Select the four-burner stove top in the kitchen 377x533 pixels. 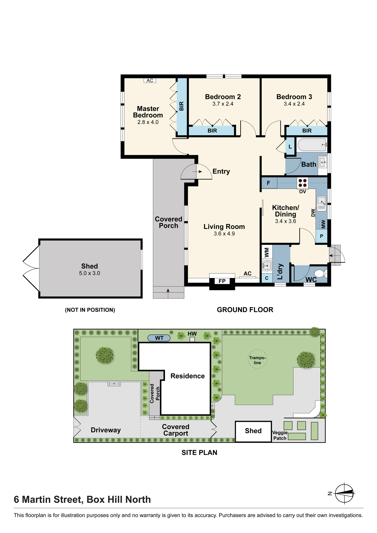[x=303, y=183]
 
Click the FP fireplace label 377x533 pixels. [x=222, y=281]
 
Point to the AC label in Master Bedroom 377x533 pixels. [x=150, y=80]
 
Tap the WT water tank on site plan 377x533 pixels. [x=159, y=338]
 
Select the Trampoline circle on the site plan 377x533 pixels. [x=257, y=359]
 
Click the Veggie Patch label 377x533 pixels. [x=280, y=435]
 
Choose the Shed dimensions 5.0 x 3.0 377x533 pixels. [x=90, y=273]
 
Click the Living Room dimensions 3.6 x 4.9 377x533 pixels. [x=224, y=234]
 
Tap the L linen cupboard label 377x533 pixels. [x=290, y=147]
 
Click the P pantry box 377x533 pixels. [x=322, y=236]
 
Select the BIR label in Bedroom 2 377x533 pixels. [x=212, y=131]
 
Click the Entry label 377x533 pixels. [x=221, y=171]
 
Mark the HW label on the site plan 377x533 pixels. [x=192, y=334]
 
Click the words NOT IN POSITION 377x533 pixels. [x=90, y=310]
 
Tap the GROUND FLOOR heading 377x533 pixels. [x=245, y=310]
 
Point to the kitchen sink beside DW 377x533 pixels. [x=322, y=204]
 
